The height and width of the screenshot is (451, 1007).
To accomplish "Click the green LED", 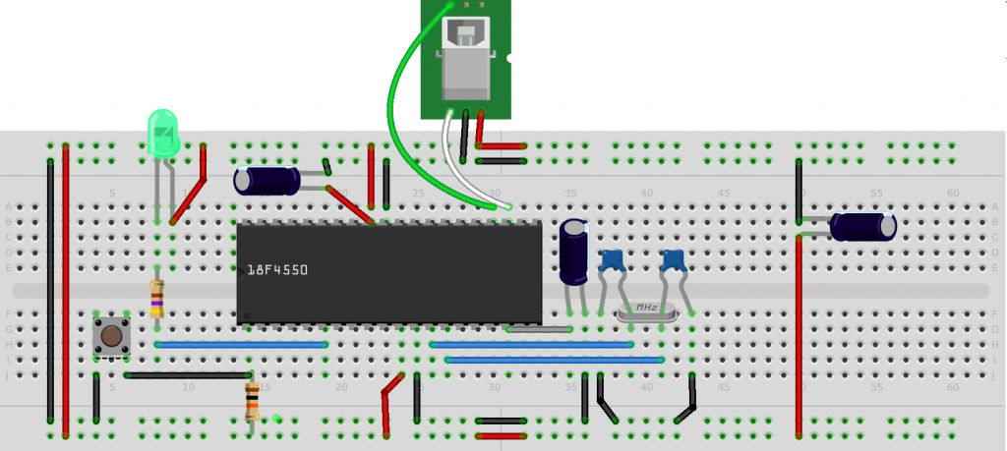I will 162,133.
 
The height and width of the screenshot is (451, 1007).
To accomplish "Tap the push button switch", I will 111,336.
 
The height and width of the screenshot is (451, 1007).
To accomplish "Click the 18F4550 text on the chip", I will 278,269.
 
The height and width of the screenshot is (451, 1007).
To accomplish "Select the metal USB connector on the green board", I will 465,59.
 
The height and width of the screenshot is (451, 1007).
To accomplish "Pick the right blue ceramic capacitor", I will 673,260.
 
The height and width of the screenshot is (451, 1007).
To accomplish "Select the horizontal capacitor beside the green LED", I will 267,181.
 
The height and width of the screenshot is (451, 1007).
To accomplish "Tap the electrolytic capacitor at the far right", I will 862,226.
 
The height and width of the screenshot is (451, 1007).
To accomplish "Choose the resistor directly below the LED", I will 157,298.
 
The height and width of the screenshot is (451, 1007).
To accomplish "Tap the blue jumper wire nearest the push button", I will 241,345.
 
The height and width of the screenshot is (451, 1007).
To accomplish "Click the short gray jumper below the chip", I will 539,330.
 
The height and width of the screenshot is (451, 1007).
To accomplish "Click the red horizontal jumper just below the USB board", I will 501,146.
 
